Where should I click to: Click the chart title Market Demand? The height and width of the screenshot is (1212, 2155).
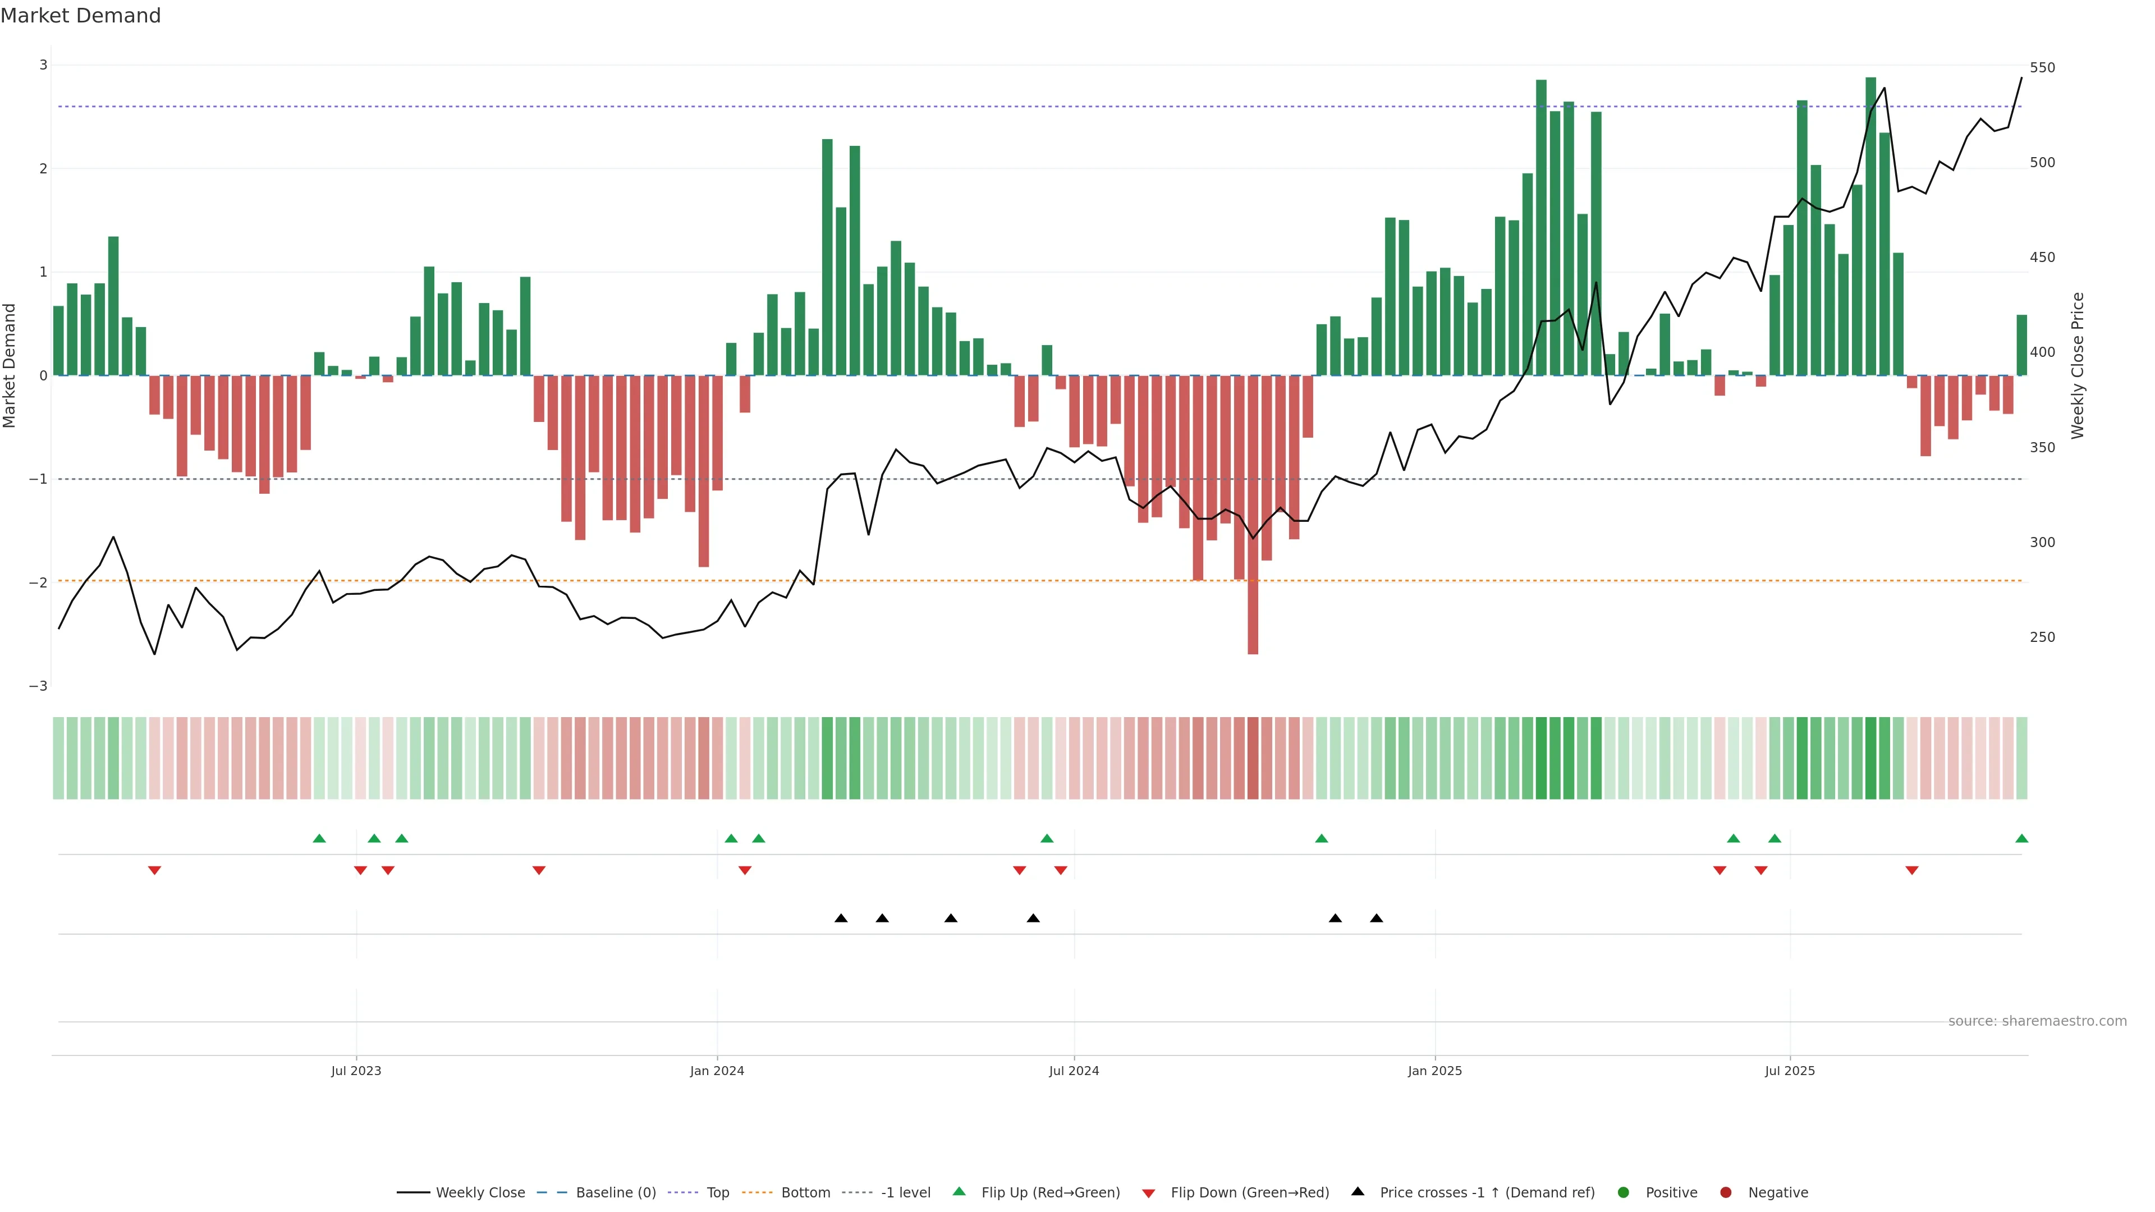tap(80, 16)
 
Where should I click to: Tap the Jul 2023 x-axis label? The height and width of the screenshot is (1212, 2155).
tap(356, 1071)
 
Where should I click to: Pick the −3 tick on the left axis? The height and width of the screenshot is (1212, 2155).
tap(39, 686)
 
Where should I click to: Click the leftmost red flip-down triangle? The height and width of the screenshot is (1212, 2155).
tap(154, 871)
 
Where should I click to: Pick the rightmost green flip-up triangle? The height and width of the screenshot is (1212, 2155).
tap(2021, 838)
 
